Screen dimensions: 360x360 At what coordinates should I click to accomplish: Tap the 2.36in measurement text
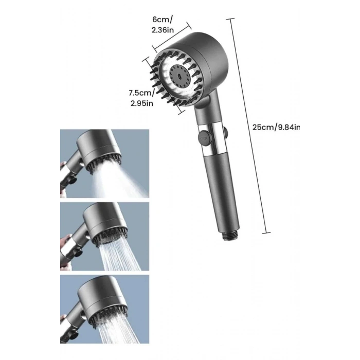pos(163,30)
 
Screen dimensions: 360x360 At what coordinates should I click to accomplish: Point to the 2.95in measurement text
pos(142,103)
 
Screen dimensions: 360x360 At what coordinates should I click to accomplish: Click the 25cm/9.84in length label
pos(276,127)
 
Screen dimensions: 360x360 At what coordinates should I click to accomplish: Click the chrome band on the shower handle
pos(213,139)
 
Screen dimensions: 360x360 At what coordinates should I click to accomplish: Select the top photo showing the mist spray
pos(105,164)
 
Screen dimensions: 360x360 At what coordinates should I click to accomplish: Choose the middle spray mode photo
pos(105,237)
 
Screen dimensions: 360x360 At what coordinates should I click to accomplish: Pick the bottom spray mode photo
pos(105,309)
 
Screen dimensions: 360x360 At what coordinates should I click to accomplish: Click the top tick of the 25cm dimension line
pos(230,19)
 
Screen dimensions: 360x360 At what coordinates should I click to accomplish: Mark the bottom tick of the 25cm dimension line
pos(266,233)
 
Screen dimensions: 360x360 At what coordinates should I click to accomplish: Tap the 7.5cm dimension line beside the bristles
pos(163,86)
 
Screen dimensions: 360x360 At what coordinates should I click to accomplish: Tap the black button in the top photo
pos(73,179)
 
